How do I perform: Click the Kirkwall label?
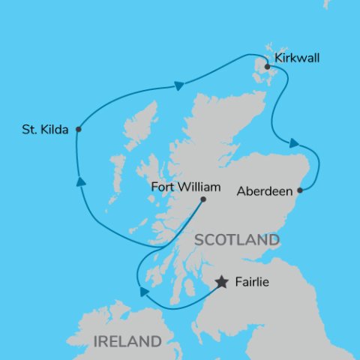(298, 58)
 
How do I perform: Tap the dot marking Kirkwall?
(268, 66)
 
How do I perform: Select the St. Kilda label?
(46, 130)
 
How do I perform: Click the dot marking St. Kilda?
(78, 129)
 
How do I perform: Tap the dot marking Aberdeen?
(300, 190)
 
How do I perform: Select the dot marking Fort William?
(203, 199)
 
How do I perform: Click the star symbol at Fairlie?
(222, 282)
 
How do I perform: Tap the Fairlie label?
(250, 283)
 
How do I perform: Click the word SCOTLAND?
(236, 240)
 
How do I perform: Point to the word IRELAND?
(127, 341)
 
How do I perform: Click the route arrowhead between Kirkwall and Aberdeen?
(295, 142)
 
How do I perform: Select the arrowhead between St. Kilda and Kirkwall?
(178, 85)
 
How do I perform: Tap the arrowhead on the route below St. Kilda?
(79, 181)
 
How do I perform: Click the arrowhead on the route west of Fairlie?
(144, 291)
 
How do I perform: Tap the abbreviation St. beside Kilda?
(29, 130)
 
